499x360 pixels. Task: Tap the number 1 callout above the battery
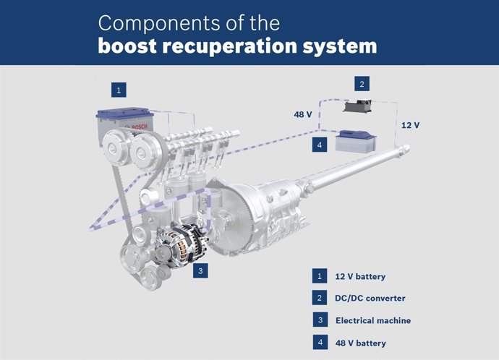point(119,90)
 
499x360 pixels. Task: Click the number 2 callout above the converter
point(362,85)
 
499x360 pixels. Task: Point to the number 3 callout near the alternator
point(202,271)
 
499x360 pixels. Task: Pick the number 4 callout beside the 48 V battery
point(319,145)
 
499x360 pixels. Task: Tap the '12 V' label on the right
point(409,125)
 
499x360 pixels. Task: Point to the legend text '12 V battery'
point(360,277)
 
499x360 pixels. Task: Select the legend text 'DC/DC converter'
point(370,299)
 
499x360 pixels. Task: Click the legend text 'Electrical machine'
point(373,320)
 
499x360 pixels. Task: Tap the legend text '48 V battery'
point(360,343)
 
